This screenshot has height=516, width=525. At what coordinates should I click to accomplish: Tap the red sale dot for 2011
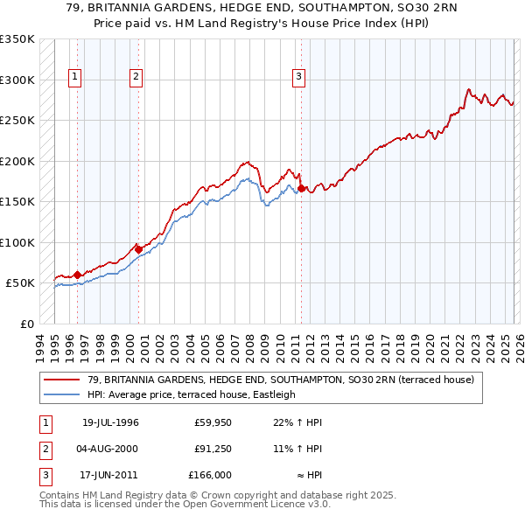301,188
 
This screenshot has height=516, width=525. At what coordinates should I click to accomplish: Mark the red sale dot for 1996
77,275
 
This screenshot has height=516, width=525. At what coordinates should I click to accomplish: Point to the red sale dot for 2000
137,248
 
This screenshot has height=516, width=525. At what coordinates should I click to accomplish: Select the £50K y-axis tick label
20,283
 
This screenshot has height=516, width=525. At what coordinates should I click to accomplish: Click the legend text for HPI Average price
192,394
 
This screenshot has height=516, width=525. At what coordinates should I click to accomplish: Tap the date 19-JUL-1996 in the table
110,422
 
